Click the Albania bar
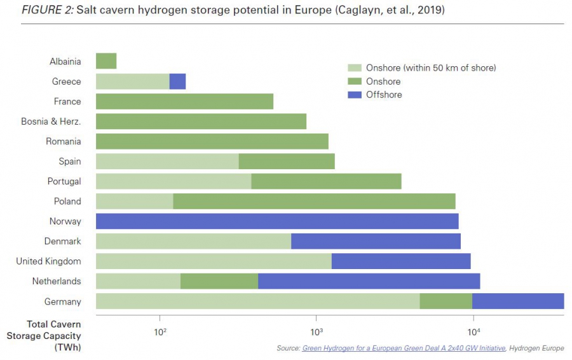click(106, 61)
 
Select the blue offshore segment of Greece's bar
click(177, 81)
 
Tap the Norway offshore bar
click(277, 221)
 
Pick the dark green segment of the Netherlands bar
click(219, 281)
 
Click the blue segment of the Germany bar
click(518, 301)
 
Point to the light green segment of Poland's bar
click(134, 201)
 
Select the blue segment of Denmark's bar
click(376, 241)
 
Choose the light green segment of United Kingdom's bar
click(214, 261)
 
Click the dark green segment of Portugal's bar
click(326, 181)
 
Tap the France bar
click(184, 101)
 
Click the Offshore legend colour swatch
click(355, 95)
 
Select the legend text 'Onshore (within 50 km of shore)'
click(431, 68)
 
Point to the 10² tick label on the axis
click(160, 331)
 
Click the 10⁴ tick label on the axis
click(473, 331)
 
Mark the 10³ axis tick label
click(316, 331)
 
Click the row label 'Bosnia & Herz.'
click(51, 121)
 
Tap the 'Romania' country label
click(64, 141)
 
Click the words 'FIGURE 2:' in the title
click(47, 11)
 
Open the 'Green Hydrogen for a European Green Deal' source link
click(403, 348)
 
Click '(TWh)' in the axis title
click(67, 347)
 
